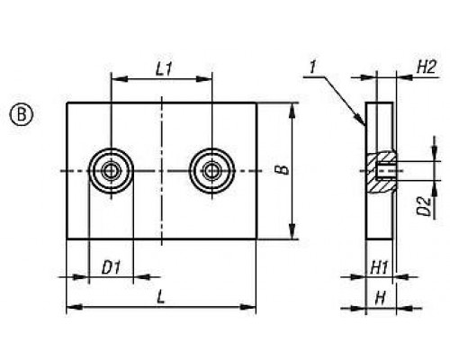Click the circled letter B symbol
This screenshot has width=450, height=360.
point(22,115)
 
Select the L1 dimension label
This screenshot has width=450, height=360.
point(164,69)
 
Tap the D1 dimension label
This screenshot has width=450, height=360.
point(111,267)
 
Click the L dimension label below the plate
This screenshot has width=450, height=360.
point(161,297)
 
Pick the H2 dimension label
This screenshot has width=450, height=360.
point(426,67)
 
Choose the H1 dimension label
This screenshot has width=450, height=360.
point(379,267)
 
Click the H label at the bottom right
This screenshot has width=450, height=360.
point(381,299)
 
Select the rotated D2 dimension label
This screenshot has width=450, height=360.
point(424,207)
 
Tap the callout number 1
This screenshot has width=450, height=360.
point(313,67)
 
